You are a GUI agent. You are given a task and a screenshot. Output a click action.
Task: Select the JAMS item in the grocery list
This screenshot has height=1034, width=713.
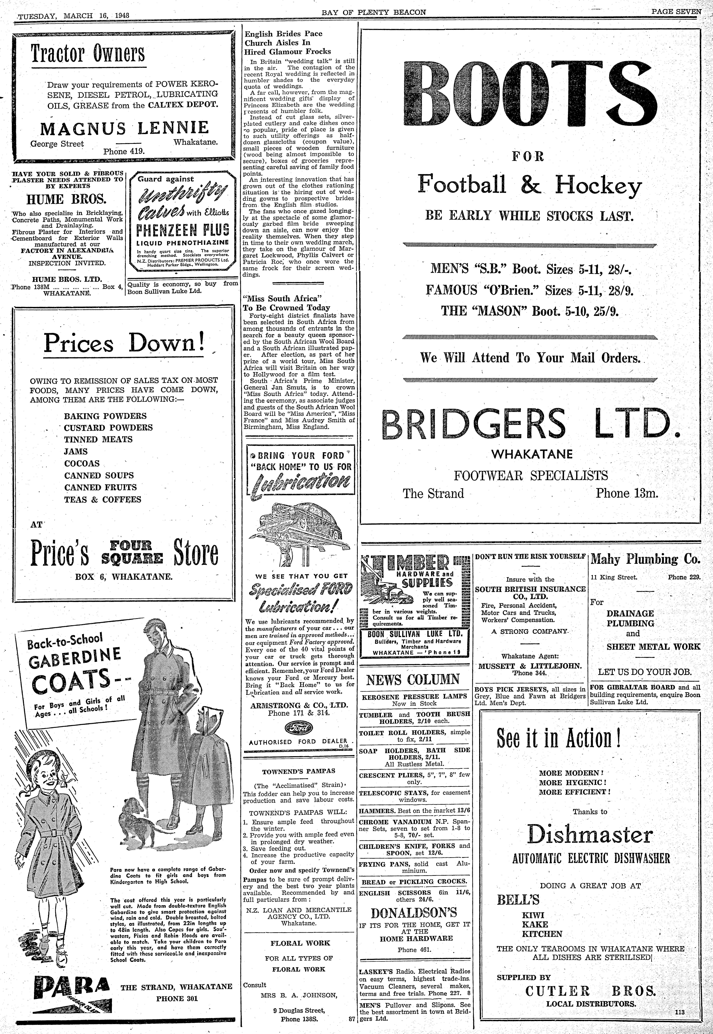(76, 451)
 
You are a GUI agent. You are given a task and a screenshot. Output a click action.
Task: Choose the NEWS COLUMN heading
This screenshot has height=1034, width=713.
(413, 680)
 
